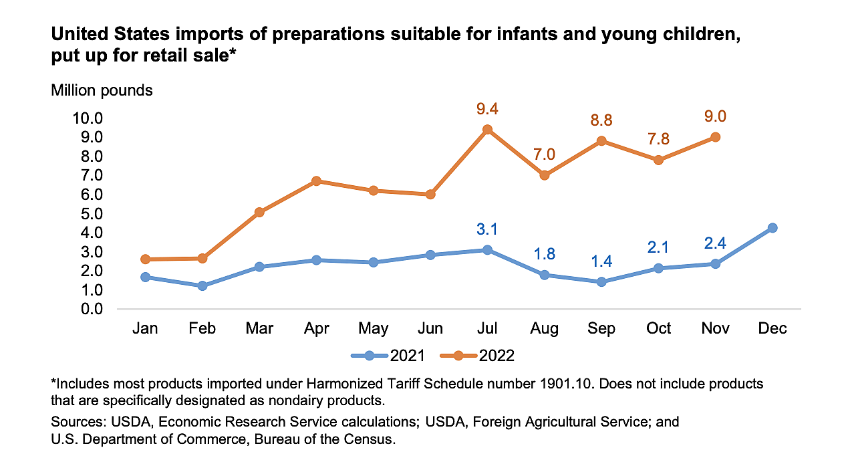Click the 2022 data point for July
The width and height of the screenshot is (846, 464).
tap(488, 130)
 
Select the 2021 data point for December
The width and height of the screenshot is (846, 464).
tap(772, 228)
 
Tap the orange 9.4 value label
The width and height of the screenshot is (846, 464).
tap(488, 108)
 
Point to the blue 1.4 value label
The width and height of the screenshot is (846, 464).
tap(601, 261)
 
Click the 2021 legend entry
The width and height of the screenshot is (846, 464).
tap(388, 355)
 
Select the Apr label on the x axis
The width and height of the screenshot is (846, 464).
tap(316, 328)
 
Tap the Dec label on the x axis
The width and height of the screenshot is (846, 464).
tap(772, 328)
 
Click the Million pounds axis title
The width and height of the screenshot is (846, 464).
tap(102, 90)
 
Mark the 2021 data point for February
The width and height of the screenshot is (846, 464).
tap(202, 285)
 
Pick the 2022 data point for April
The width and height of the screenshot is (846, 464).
tap(317, 181)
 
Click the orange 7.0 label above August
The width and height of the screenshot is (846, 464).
tap(545, 154)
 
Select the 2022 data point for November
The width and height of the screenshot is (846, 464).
tap(715, 137)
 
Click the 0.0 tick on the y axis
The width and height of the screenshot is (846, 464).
tap(91, 309)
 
